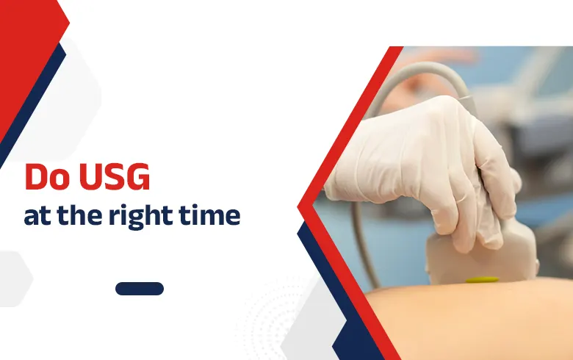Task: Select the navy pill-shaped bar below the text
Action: [140, 289]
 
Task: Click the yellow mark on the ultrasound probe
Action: [482, 279]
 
